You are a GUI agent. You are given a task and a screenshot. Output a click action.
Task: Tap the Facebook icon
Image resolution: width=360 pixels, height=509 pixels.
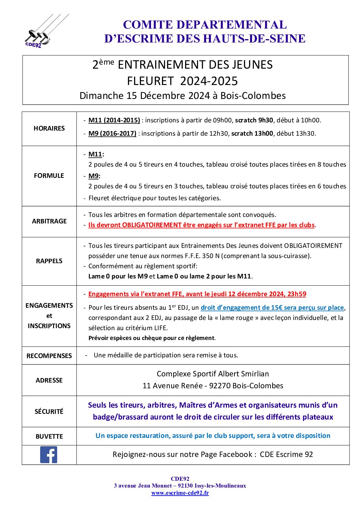click(x=49, y=455)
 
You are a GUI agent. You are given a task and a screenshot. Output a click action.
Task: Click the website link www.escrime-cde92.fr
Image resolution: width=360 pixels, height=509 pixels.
click(x=180, y=493)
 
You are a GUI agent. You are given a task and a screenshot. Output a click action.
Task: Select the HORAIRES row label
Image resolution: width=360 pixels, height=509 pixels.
click(x=49, y=128)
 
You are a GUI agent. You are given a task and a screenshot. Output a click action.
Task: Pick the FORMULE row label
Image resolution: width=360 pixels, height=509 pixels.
click(x=49, y=175)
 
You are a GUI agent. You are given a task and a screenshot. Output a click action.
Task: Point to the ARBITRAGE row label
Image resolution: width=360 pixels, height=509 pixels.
click(x=49, y=221)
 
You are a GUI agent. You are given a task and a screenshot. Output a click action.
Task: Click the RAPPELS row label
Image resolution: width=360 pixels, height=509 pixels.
click(x=49, y=261)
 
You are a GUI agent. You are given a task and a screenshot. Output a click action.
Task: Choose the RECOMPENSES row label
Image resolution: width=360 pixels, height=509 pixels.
click(x=49, y=356)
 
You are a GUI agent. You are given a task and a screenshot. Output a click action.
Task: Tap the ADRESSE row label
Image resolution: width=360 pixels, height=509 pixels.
click(x=49, y=380)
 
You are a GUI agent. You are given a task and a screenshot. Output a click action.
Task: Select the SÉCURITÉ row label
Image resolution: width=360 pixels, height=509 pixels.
click(x=49, y=411)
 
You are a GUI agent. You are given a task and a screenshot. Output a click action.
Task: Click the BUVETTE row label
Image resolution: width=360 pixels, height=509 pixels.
click(x=49, y=436)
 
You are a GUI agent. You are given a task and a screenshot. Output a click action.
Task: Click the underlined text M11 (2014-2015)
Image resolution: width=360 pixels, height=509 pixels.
click(x=114, y=120)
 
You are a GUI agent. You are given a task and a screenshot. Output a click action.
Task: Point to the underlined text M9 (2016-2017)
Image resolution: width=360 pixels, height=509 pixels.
click(x=112, y=133)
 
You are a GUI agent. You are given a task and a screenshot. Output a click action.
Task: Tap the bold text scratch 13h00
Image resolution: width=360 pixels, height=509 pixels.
click(x=252, y=133)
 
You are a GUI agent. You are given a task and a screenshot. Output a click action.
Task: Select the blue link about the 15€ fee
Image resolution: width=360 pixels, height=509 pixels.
click(x=272, y=307)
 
